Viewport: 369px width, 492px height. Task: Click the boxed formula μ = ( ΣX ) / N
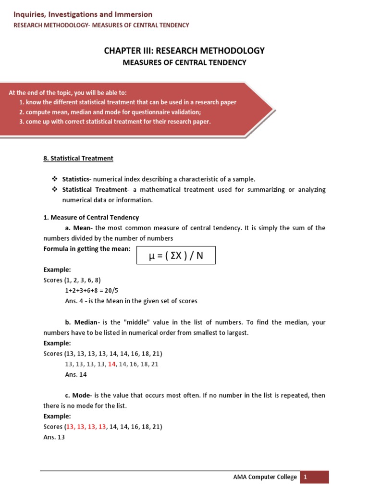[176, 256]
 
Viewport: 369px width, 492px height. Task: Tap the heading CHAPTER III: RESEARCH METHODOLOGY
[184, 50]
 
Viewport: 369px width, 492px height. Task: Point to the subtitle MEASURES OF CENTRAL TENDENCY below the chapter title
[184, 62]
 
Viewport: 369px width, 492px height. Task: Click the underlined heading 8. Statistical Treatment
[78, 158]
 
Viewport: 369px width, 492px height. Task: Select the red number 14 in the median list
[112, 364]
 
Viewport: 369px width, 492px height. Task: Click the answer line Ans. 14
[76, 375]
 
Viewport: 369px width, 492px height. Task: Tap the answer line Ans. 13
[54, 437]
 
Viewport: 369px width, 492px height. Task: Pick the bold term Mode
[81, 395]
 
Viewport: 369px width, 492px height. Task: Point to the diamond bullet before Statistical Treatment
[55, 190]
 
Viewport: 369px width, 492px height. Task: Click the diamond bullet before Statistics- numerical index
[55, 179]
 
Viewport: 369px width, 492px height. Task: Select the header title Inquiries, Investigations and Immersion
[83, 14]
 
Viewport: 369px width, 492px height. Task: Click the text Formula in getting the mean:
[87, 248]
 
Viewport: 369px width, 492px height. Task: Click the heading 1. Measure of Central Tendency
[91, 218]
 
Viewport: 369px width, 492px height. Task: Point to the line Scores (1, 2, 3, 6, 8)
[72, 280]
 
